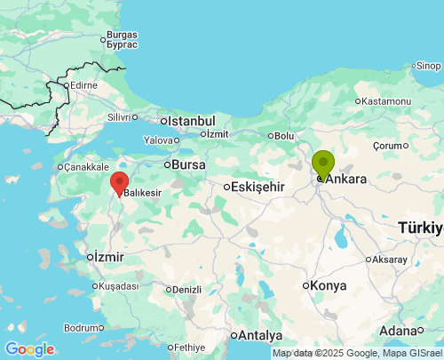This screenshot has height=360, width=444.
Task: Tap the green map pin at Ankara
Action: coord(323,164)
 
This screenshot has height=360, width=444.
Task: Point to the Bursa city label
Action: coord(188,164)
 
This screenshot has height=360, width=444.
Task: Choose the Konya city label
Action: coord(329,285)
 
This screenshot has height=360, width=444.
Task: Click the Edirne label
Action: coord(84,85)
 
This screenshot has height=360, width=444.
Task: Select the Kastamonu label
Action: coord(385,101)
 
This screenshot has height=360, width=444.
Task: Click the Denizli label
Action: coord(186,289)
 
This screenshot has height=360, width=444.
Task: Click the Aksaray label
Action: coord(390,260)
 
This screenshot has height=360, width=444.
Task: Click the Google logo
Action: coord(29,349)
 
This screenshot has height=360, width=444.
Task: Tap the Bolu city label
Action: coord(284,135)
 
